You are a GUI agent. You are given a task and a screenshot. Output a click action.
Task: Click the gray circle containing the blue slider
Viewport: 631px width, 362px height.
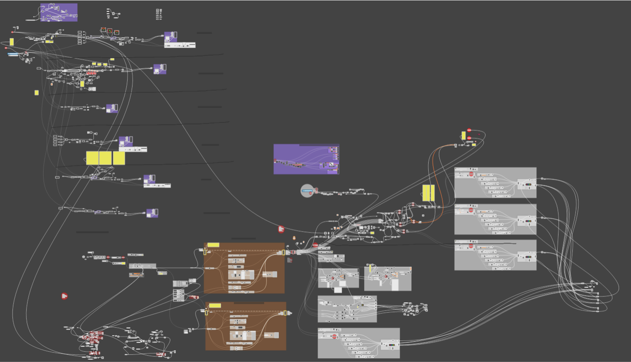point(307,191)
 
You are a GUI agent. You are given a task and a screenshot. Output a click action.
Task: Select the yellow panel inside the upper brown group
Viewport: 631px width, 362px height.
point(213,245)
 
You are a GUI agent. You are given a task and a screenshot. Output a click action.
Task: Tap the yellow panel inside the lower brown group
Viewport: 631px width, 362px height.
point(215,305)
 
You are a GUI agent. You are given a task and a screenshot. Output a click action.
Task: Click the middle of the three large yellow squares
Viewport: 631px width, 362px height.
point(105,158)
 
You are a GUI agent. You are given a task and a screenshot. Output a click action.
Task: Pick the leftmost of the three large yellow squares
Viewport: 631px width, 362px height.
point(92,158)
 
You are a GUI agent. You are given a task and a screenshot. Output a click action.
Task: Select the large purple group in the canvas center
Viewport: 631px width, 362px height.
point(306,159)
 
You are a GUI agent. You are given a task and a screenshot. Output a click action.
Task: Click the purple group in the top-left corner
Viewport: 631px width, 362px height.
point(59,12)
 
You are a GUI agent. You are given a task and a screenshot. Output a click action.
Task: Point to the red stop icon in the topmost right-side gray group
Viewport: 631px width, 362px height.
point(471,174)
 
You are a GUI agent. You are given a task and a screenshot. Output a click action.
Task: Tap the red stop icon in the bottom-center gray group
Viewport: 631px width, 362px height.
point(334,336)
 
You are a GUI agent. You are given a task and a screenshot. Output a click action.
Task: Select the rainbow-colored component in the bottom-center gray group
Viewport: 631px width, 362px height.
point(392,345)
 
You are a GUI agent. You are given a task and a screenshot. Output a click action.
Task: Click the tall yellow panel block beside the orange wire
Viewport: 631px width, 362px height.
point(428,193)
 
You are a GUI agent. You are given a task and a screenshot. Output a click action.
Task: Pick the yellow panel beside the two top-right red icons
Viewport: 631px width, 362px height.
point(463,135)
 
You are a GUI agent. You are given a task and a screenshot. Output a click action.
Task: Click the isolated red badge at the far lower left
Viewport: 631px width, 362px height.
point(64,296)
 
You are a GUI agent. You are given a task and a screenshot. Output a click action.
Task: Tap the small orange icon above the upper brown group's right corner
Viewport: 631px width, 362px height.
point(294,238)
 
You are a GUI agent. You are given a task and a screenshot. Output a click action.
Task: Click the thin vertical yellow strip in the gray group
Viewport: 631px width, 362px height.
point(370,268)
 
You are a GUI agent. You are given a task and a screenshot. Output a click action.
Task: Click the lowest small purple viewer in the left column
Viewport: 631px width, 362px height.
point(152,213)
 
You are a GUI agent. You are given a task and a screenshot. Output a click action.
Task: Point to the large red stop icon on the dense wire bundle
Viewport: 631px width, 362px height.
point(315,245)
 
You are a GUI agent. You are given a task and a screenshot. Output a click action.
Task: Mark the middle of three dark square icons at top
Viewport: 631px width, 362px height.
point(110,31)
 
